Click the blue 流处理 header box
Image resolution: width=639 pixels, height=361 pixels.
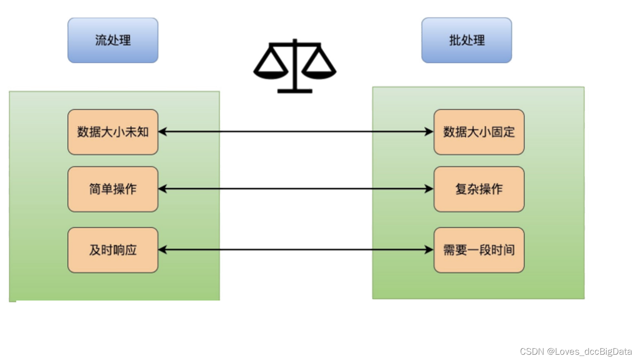point(113,40)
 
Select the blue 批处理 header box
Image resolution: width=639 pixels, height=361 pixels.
point(466,40)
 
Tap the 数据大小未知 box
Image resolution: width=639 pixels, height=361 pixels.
point(113,132)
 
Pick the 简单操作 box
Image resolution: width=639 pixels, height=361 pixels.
point(113,189)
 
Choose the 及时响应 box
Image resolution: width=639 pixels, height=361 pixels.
point(113,250)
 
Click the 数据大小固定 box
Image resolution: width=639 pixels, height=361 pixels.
point(479,132)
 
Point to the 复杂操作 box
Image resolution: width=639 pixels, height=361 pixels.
point(479,189)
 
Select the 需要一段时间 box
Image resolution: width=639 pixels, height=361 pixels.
point(479,250)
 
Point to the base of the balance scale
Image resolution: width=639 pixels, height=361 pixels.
point(295,90)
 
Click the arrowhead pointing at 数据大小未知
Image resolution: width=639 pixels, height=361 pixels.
point(163,132)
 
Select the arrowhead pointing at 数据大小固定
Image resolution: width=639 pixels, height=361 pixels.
point(429,132)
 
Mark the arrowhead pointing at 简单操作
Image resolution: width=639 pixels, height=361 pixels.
point(163,189)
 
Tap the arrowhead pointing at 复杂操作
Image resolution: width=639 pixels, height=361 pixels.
point(429,189)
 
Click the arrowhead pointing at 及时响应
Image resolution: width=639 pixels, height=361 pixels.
point(163,250)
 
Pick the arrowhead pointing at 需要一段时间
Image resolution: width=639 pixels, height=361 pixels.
point(429,250)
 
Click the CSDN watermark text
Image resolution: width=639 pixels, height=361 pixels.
point(576,352)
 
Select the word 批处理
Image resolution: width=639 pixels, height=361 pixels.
point(467,40)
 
